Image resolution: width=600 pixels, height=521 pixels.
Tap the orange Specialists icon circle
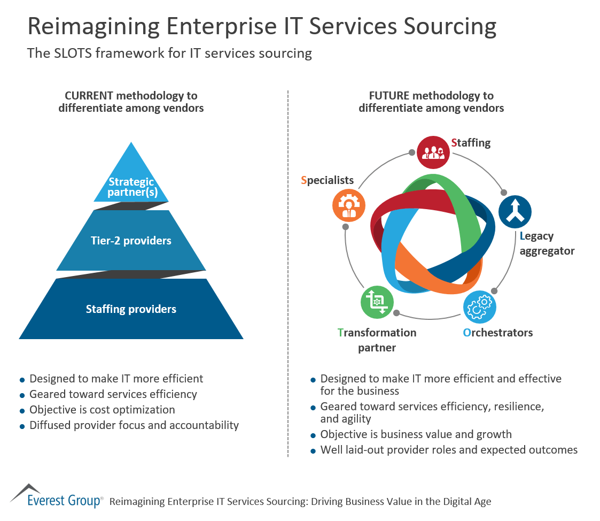pyautogui.click(x=349, y=205)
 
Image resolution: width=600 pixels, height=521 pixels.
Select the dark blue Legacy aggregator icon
pyautogui.click(x=515, y=211)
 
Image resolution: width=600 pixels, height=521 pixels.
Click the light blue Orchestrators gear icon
pyautogui.click(x=479, y=307)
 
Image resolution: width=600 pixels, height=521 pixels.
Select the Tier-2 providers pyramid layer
pyautogui.click(x=131, y=240)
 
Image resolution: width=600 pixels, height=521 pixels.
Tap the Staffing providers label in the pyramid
pyautogui.click(x=131, y=309)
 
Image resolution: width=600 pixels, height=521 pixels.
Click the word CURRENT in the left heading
pyautogui.click(x=89, y=96)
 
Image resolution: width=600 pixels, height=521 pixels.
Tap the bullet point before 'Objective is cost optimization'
pyautogui.click(x=22, y=411)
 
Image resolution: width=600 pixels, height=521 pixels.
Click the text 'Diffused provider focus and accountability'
pyautogui.click(x=134, y=425)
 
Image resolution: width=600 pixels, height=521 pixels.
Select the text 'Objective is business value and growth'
pyautogui.click(x=416, y=434)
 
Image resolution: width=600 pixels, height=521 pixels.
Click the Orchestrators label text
pyautogui.click(x=497, y=333)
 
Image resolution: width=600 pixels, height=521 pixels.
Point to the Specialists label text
pyautogui.click(x=327, y=180)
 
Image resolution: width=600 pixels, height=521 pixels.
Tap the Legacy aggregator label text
pyautogui.click(x=547, y=243)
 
